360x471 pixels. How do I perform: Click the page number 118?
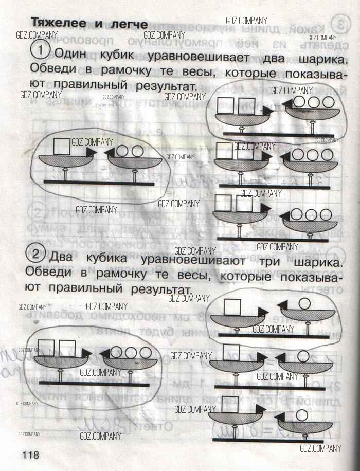(30, 455)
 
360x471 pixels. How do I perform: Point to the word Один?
(74, 53)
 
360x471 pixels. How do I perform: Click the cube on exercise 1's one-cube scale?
(62, 146)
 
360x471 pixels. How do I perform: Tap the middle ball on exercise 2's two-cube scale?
(131, 352)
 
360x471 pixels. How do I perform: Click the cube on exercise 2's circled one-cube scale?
(233, 306)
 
